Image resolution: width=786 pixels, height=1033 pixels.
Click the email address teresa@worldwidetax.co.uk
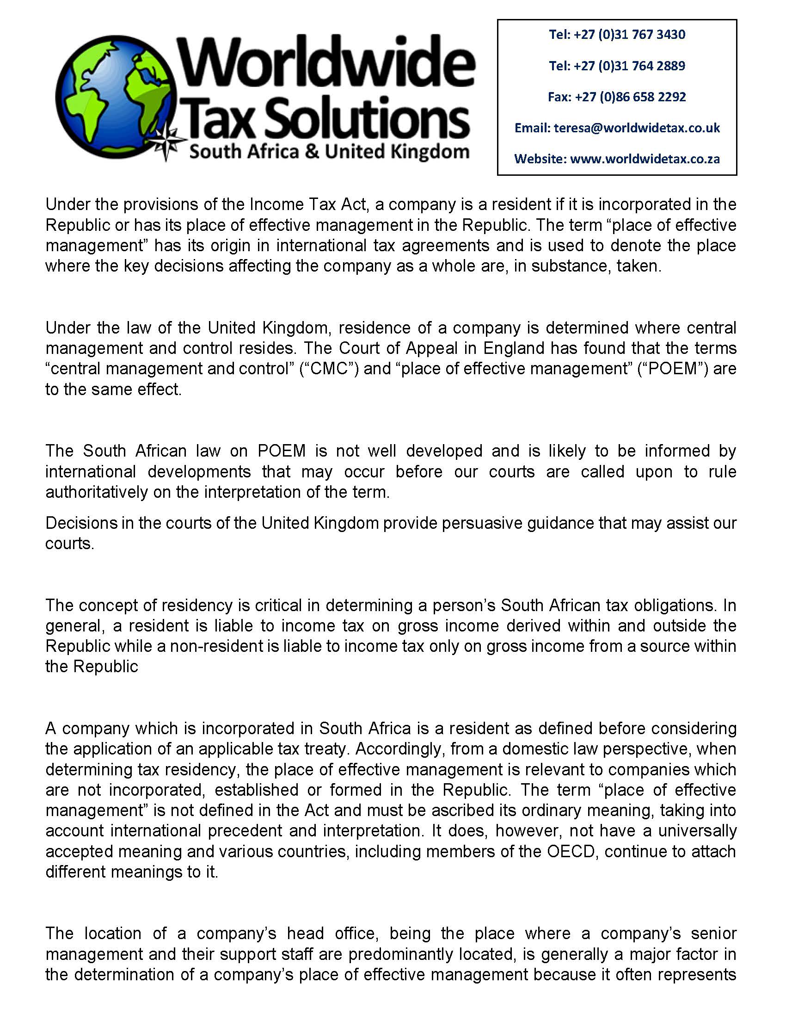click(x=637, y=128)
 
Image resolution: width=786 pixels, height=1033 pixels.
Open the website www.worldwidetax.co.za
click(x=645, y=159)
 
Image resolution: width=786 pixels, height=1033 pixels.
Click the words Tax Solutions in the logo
click(x=327, y=117)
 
